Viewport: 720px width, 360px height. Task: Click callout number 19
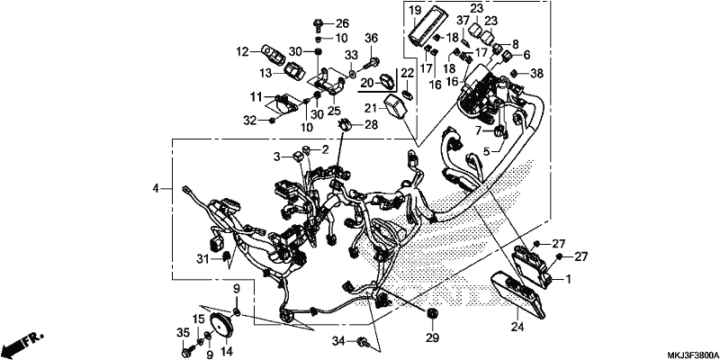(415, 10)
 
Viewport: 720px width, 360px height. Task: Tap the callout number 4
(156, 188)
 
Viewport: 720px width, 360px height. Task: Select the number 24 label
(517, 327)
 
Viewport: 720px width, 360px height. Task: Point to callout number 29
(433, 337)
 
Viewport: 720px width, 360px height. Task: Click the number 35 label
(184, 331)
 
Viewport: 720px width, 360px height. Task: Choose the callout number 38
(536, 73)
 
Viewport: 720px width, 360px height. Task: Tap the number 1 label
(568, 279)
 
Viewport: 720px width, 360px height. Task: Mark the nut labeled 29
(432, 313)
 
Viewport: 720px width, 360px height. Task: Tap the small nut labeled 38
(515, 74)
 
